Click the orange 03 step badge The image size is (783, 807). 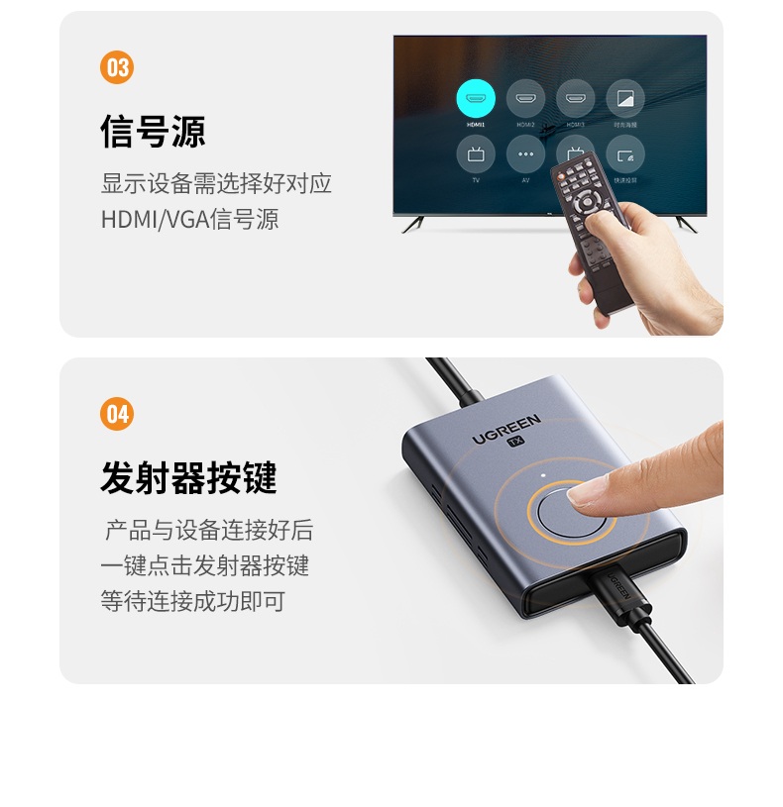click(x=117, y=67)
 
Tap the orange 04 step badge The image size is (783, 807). click(x=117, y=414)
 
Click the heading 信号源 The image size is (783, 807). click(x=153, y=132)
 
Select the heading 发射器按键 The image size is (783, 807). click(x=188, y=478)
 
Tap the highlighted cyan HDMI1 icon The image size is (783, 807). click(x=476, y=98)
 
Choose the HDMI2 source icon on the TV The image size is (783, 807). click(x=525, y=98)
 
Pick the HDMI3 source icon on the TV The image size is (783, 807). click(x=575, y=98)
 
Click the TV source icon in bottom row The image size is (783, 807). click(x=476, y=154)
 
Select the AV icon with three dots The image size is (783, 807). click(x=525, y=154)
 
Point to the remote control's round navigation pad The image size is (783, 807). click(x=589, y=202)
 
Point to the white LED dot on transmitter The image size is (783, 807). click(x=543, y=475)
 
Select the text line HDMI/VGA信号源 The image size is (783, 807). click(x=189, y=219)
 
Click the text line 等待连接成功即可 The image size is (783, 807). click(x=192, y=601)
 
